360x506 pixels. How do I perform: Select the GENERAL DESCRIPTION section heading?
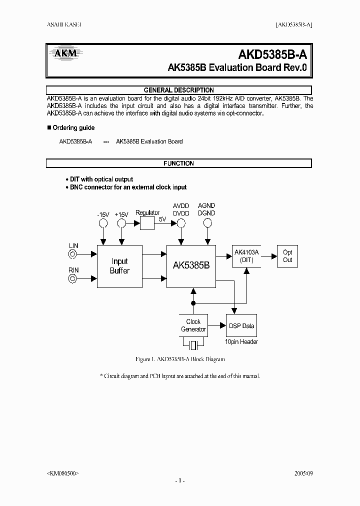tap(178, 90)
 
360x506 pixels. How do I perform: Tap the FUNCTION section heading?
tap(178, 163)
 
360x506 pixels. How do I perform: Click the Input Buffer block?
tap(119, 266)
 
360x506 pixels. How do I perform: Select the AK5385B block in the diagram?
tap(191, 266)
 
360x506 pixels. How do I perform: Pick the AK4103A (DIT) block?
tap(246, 256)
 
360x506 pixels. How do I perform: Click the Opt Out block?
tap(287, 256)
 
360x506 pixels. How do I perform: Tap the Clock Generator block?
tap(193, 325)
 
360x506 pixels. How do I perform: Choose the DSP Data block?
tap(241, 326)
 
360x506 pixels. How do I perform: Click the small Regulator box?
tap(147, 222)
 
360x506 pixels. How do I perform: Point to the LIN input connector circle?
tap(73, 254)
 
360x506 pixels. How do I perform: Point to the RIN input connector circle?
tap(73, 279)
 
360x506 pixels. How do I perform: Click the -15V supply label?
tap(103, 214)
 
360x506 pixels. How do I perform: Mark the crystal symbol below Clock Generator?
tap(193, 344)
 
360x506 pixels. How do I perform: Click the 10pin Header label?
tap(241, 342)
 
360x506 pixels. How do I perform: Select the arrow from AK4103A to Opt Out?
tap(268, 256)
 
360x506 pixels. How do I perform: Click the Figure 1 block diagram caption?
tap(180, 359)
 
